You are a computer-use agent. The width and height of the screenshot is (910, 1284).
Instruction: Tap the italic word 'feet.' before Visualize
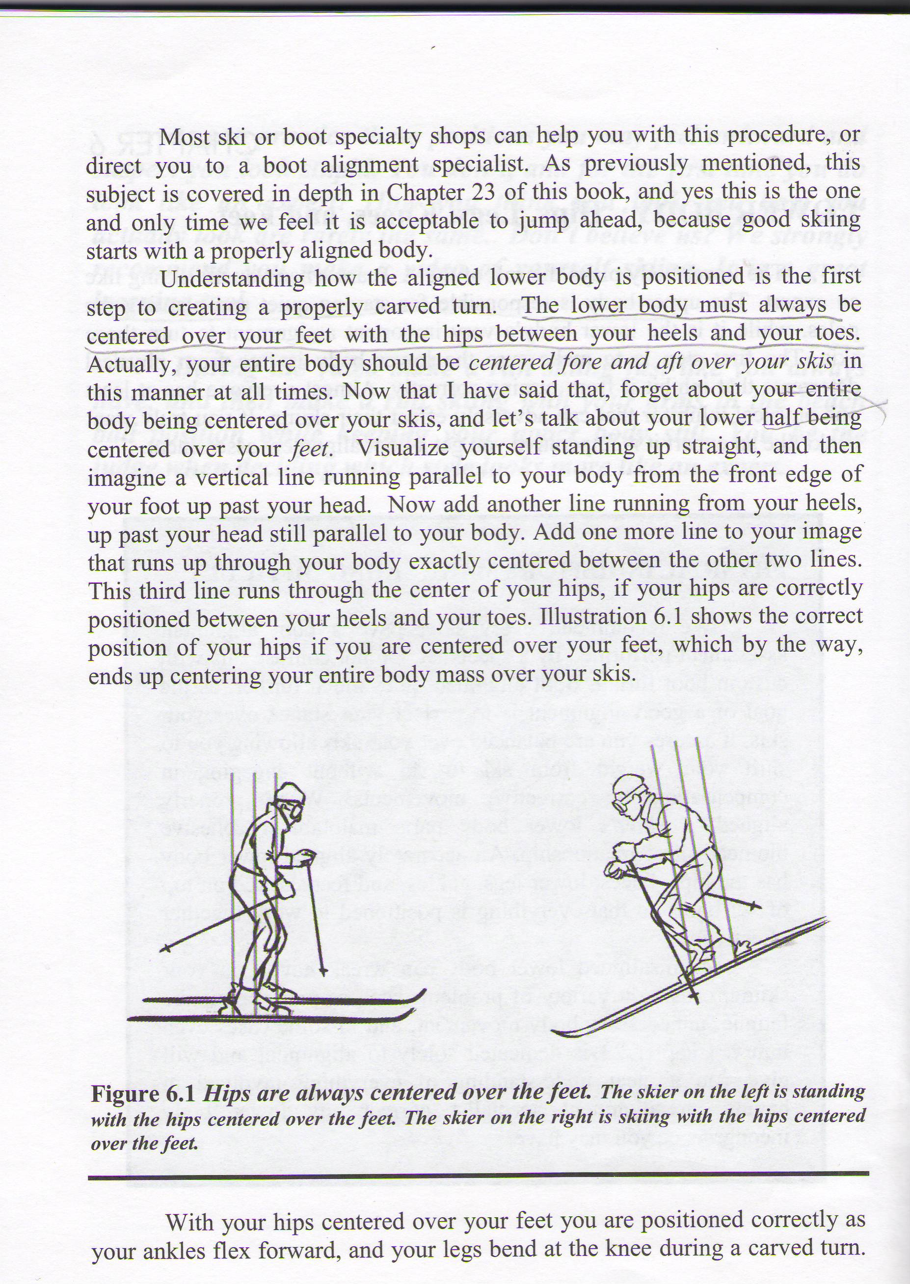click(x=310, y=449)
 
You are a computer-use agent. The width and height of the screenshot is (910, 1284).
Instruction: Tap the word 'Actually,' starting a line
click(x=132, y=364)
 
